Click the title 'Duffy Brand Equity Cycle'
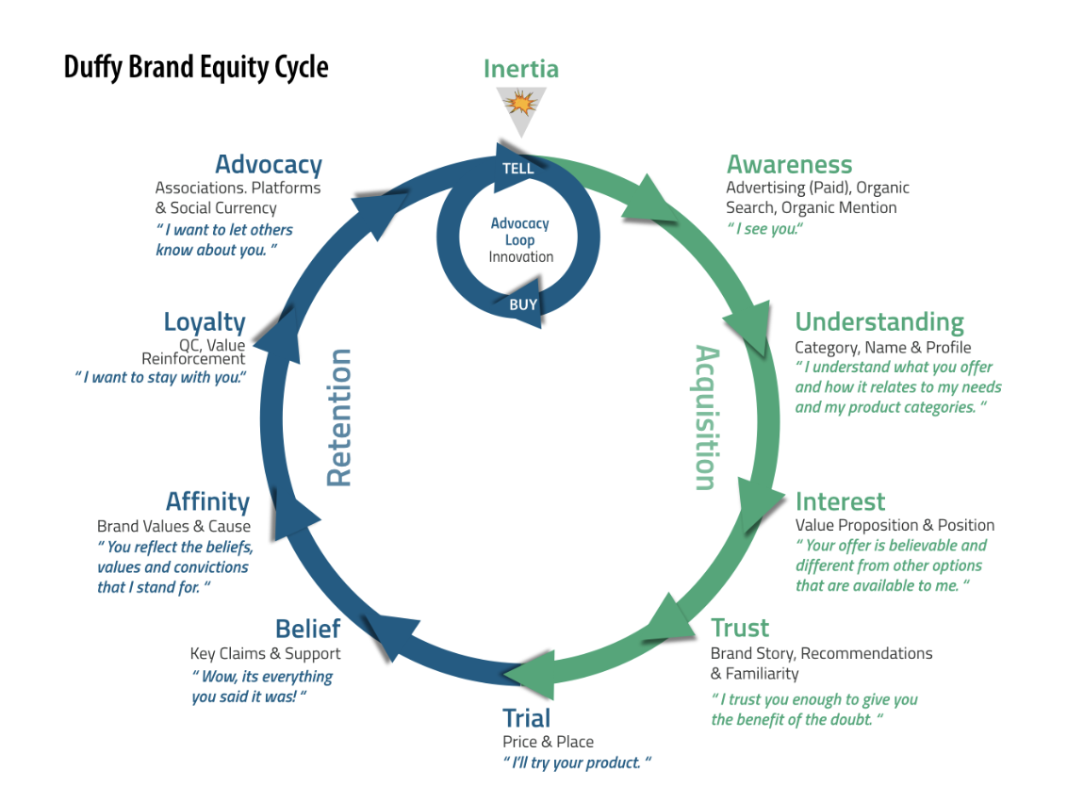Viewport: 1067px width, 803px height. pos(196,68)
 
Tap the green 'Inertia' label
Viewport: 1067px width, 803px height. pos(521,69)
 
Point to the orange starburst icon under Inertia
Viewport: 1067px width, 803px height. pos(520,104)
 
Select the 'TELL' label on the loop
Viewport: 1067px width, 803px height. pos(517,168)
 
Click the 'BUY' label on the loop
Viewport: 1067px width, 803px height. pos(523,304)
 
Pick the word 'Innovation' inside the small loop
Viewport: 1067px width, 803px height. pos(520,257)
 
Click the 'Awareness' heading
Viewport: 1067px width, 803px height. pos(789,165)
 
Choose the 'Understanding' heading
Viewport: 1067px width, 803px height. pos(879,322)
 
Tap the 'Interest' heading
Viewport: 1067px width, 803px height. pos(841,501)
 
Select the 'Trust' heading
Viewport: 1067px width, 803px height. pos(740,628)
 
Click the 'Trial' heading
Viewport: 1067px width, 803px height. pos(527,718)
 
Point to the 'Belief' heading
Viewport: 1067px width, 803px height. pos(307,629)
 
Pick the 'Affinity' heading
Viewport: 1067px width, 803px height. pos(208,502)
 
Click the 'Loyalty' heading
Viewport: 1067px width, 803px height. pos(205,322)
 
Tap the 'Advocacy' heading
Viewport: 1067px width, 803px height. pos(269,165)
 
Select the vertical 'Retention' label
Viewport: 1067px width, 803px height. pos(339,418)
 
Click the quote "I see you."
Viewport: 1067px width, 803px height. pos(764,229)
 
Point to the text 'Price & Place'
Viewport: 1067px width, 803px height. pos(548,742)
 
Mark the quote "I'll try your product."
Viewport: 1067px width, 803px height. pos(577,762)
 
